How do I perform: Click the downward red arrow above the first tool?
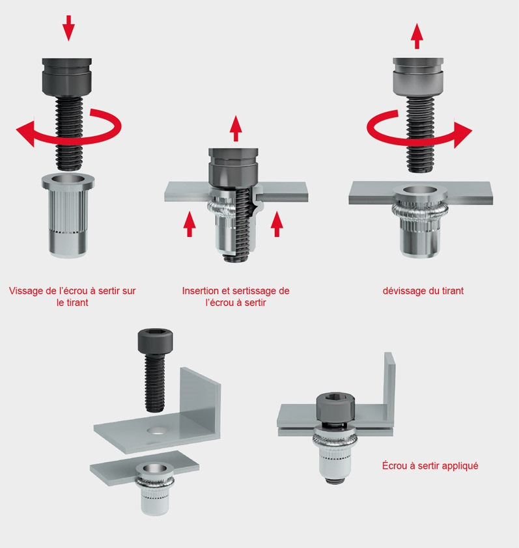point(68,28)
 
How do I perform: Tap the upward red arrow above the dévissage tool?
point(417,36)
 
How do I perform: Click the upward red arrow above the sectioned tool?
point(236,128)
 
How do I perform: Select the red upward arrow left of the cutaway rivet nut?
point(189,224)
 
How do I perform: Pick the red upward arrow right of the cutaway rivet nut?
point(277,224)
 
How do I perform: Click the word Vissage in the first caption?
point(26,291)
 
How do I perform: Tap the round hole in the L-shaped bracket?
point(158,430)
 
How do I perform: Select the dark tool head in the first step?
point(67,77)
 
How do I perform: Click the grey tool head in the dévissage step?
point(418,77)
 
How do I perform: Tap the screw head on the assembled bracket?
point(335,405)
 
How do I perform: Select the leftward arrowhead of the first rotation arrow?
point(26,134)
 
